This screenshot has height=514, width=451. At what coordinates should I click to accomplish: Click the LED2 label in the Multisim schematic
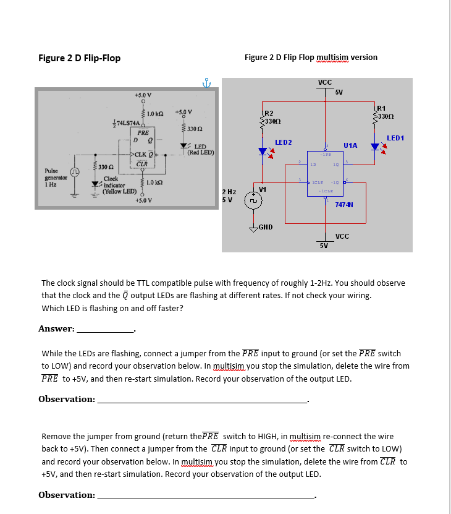[x=283, y=142]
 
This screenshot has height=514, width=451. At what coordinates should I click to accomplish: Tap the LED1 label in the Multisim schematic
[x=395, y=137]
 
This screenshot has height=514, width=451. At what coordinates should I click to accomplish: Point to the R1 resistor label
[x=381, y=109]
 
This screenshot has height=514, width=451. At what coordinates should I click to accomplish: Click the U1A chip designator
[x=350, y=143]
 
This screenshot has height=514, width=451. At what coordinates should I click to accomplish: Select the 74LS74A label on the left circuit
[x=124, y=124]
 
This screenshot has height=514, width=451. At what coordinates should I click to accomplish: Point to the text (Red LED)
[x=200, y=152]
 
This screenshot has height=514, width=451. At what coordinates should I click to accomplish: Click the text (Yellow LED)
[x=120, y=191]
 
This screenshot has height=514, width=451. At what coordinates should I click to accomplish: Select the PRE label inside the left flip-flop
[x=143, y=132]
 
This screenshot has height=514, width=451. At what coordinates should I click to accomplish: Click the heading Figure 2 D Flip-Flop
[x=79, y=58]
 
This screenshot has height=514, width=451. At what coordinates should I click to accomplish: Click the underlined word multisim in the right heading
[x=332, y=57]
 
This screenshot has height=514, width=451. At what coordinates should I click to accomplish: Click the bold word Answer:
[x=56, y=328]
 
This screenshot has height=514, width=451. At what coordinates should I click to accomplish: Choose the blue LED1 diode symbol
[x=375, y=147]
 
